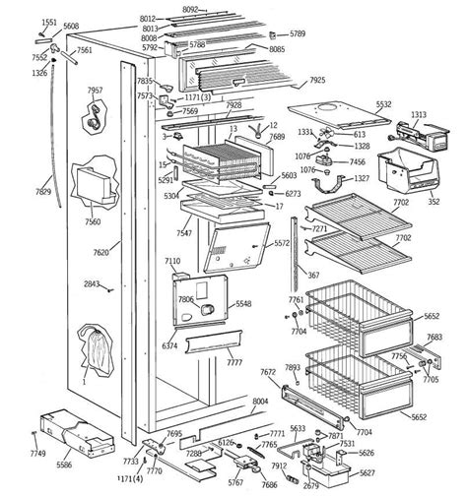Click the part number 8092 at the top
(219, 8)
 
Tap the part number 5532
(383, 104)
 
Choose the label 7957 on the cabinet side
(96, 91)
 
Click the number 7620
(100, 252)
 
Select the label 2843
(91, 284)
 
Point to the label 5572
(282, 243)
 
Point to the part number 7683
(434, 338)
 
